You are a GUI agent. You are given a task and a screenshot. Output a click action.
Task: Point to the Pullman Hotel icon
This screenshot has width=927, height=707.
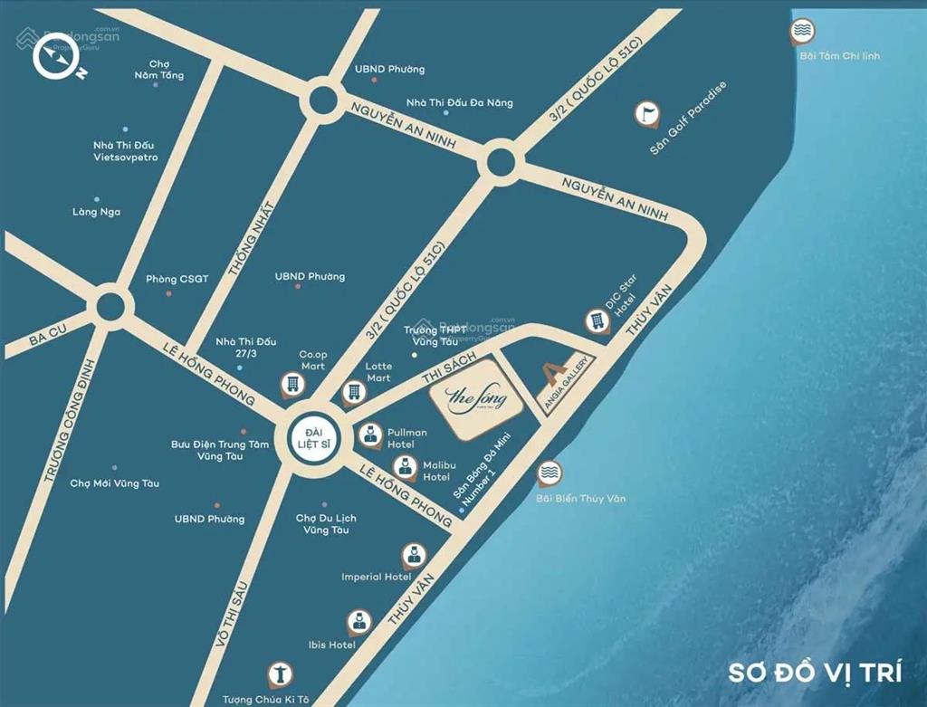click(370, 435)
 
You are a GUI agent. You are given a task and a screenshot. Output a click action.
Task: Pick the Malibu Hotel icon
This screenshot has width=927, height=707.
click(406, 467)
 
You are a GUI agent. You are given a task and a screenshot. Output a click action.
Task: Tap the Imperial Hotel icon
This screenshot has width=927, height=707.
click(412, 554)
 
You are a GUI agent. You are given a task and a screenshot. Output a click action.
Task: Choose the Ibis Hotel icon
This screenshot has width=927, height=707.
click(358, 621)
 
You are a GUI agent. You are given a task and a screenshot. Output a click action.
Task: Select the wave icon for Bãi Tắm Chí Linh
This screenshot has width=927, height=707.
click(801, 32)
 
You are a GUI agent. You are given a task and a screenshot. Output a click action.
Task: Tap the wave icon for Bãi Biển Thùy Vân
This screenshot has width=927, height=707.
click(549, 473)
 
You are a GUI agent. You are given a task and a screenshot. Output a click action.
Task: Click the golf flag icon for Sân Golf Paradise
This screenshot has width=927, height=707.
click(646, 114)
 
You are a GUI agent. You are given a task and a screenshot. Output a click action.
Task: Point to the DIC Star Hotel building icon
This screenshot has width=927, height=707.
click(597, 320)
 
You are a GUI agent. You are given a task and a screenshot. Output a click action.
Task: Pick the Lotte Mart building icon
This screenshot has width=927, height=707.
click(354, 392)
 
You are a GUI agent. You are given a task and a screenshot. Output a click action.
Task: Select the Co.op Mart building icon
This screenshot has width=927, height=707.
click(291, 384)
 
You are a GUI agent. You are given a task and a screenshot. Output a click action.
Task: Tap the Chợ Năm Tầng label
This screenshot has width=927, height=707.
click(159, 70)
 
